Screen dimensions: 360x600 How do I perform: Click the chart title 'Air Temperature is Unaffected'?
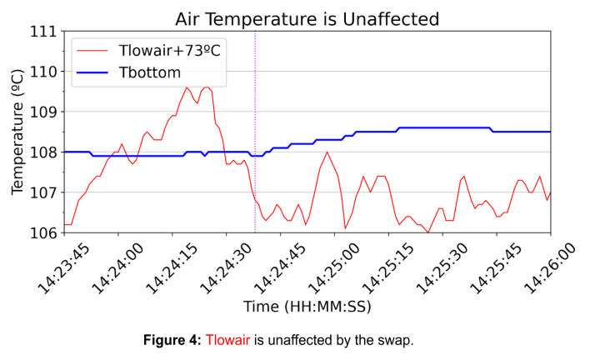click(307, 17)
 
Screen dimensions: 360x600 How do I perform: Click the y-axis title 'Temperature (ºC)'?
click(17, 132)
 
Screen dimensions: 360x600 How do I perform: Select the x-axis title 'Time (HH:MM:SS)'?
click(307, 307)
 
